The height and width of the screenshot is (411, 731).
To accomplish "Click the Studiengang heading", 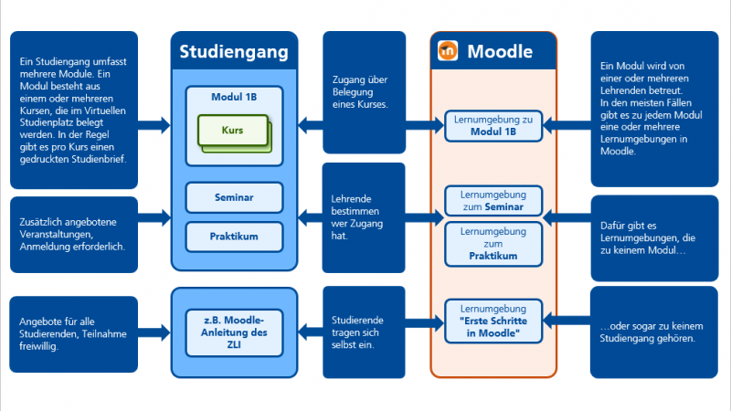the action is (234, 52).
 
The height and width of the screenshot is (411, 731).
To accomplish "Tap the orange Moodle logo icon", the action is (448, 51).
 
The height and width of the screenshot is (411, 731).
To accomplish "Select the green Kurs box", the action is (233, 131).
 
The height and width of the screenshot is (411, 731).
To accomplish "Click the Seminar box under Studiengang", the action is (234, 197).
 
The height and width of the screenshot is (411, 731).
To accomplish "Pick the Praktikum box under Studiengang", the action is (234, 237).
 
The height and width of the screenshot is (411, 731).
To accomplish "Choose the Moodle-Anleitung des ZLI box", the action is (234, 332).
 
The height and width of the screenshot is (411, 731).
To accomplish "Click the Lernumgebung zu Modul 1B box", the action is (493, 126).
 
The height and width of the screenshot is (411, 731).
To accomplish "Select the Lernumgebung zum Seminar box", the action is (493, 201).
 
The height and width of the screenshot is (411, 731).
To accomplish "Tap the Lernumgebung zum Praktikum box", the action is (493, 244).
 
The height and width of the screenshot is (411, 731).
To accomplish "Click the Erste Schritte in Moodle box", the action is (493, 321).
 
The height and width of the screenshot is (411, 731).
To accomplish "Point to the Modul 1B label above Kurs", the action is (234, 97).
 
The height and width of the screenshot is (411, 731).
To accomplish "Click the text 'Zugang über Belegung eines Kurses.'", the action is (360, 92).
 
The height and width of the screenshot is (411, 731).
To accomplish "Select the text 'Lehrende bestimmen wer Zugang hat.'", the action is (357, 217).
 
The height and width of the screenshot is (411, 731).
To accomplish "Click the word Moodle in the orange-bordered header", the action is (500, 52).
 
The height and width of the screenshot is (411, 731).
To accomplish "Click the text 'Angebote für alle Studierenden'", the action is (73, 328).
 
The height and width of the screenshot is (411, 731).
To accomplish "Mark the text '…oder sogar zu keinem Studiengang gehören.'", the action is (652, 332).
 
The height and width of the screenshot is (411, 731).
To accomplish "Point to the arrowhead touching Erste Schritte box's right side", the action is (548, 321).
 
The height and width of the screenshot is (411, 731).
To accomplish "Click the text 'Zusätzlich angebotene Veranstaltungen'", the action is (68, 227).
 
